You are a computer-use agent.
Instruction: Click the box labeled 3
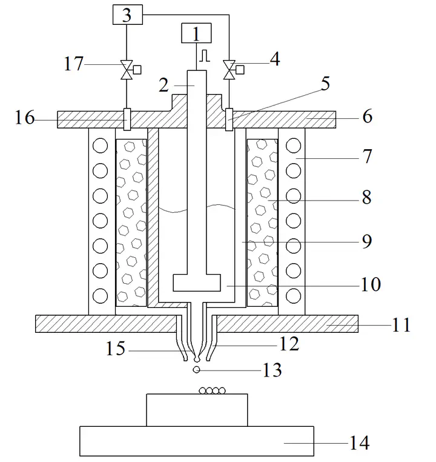pyautogui.click(x=128, y=15)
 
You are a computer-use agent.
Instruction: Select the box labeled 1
pyautogui.click(x=196, y=33)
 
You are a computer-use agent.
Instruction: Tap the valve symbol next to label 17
pyautogui.click(x=127, y=70)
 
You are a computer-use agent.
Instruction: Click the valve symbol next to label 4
pyautogui.click(x=229, y=70)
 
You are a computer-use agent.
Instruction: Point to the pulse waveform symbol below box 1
pyautogui.click(x=205, y=56)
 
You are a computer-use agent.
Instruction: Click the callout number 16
pyautogui.click(x=25, y=118)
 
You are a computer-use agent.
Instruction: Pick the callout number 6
pyautogui.click(x=368, y=116)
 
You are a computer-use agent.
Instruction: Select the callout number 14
pyautogui.click(x=359, y=443)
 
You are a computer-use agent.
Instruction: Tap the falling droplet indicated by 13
pyautogui.click(x=196, y=369)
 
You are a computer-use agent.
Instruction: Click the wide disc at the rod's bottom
pyautogui.click(x=197, y=283)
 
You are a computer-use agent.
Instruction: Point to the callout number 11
pyautogui.click(x=401, y=325)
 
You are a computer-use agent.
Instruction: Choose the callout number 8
pyautogui.click(x=366, y=197)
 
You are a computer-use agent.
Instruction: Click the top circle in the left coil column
pyautogui.click(x=100, y=146)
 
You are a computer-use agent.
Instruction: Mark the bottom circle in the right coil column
pyautogui.click(x=293, y=296)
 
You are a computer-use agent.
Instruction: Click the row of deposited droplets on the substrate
pyautogui.click(x=212, y=391)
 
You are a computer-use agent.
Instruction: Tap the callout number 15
pyautogui.click(x=115, y=349)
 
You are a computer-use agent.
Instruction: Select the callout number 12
pyautogui.click(x=289, y=344)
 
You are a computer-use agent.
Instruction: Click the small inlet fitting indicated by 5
pyautogui.click(x=229, y=119)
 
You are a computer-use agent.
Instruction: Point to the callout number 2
pyautogui.click(x=164, y=85)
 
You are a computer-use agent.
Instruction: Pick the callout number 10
pyautogui.click(x=371, y=284)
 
